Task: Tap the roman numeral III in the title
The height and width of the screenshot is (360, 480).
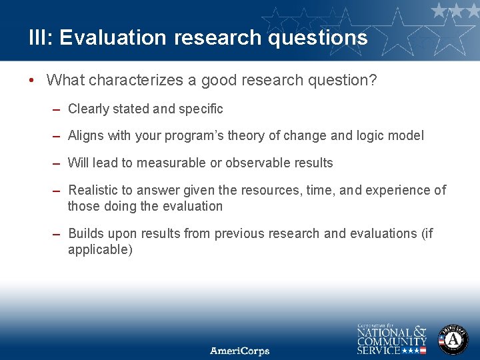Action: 37,37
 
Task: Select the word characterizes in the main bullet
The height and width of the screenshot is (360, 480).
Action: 130,81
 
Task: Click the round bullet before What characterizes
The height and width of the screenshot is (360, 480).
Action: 32,81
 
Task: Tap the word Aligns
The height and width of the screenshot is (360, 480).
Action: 87,135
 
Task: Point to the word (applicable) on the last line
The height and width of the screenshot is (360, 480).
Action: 100,250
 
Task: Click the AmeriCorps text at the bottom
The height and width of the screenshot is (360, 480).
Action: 240,350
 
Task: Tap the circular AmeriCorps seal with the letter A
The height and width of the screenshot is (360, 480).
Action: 453,340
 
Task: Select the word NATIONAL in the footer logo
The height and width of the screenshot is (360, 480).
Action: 384,332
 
